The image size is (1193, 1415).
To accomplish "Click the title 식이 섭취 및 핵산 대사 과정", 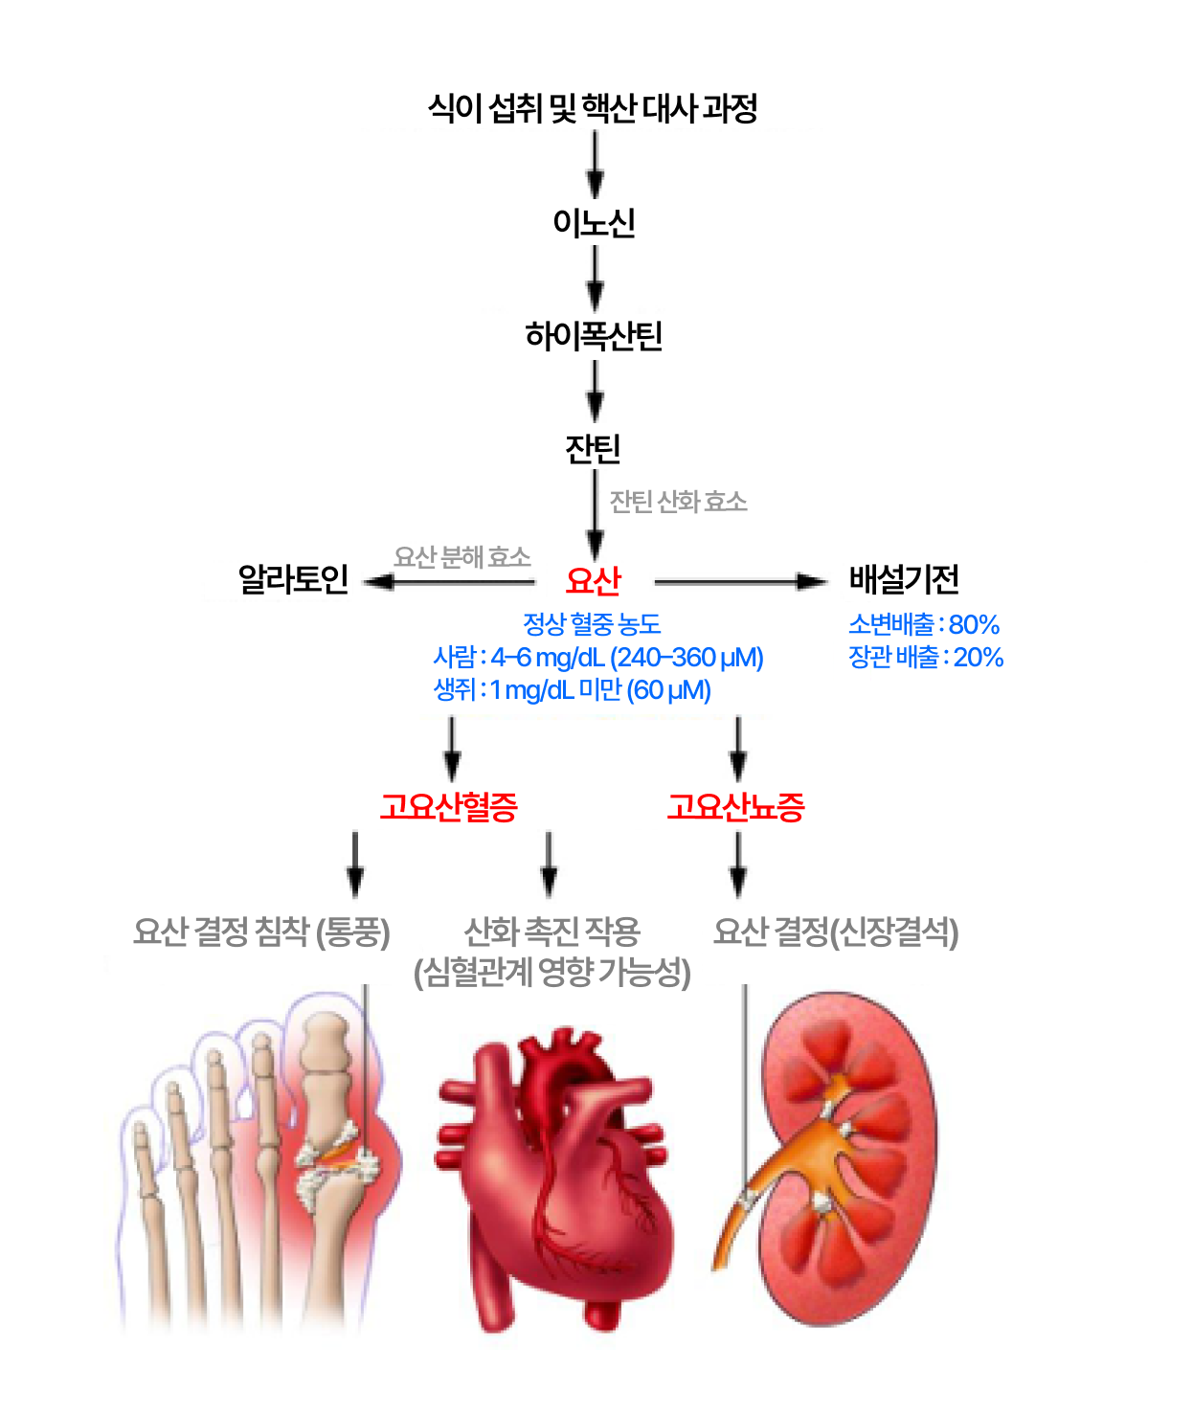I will (593, 108).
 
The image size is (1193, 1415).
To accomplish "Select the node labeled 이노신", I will (594, 223).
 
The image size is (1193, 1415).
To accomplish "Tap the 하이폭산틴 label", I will (594, 336).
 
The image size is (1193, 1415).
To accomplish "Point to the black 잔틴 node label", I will (594, 448).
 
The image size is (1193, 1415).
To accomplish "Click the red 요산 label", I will (594, 580).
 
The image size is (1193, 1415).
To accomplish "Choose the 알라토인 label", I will (293, 579).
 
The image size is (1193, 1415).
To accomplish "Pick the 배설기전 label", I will (904, 579).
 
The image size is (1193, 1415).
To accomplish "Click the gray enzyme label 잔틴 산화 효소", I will (678, 502).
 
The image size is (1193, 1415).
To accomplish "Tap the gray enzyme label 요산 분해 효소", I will (461, 557).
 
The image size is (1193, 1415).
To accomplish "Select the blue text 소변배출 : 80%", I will (923, 625).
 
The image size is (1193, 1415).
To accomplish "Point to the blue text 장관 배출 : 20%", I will (925, 658).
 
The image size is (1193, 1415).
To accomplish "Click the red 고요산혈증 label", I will (449, 807).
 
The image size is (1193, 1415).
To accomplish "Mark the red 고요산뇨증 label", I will (735, 807).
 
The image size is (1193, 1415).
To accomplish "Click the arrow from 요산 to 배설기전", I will (739, 581).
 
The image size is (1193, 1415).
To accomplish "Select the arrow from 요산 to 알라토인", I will (450, 581).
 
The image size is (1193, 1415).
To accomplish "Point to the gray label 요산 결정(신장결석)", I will (835, 932).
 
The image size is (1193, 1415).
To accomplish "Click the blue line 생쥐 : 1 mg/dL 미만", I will (572, 690).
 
